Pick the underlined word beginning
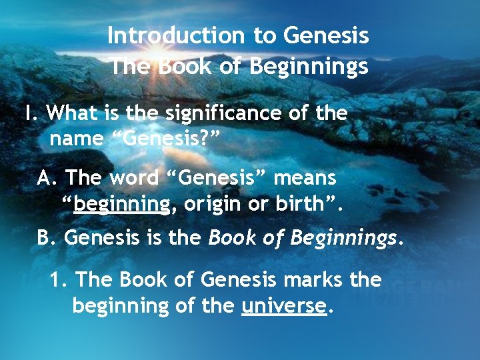tap(122, 203)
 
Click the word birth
tap(301, 203)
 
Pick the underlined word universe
tap(285, 305)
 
